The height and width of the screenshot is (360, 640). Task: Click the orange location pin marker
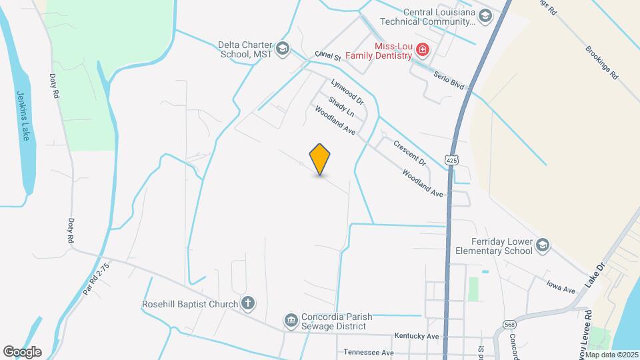pos(320,159)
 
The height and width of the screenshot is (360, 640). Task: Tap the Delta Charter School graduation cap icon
pos(283,47)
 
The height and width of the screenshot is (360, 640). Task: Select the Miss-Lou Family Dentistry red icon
pos(421,50)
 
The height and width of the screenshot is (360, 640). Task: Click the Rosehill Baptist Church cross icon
pos(247,304)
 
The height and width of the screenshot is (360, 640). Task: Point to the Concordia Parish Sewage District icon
pos(291,321)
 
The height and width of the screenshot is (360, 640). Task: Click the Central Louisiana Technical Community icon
pos(485,15)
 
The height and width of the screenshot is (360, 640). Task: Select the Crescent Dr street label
pos(409,152)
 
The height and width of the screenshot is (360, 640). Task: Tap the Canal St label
pos(328,57)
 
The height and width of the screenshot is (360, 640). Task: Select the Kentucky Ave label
pos(417,336)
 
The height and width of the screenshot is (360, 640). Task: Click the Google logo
pos(22,351)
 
